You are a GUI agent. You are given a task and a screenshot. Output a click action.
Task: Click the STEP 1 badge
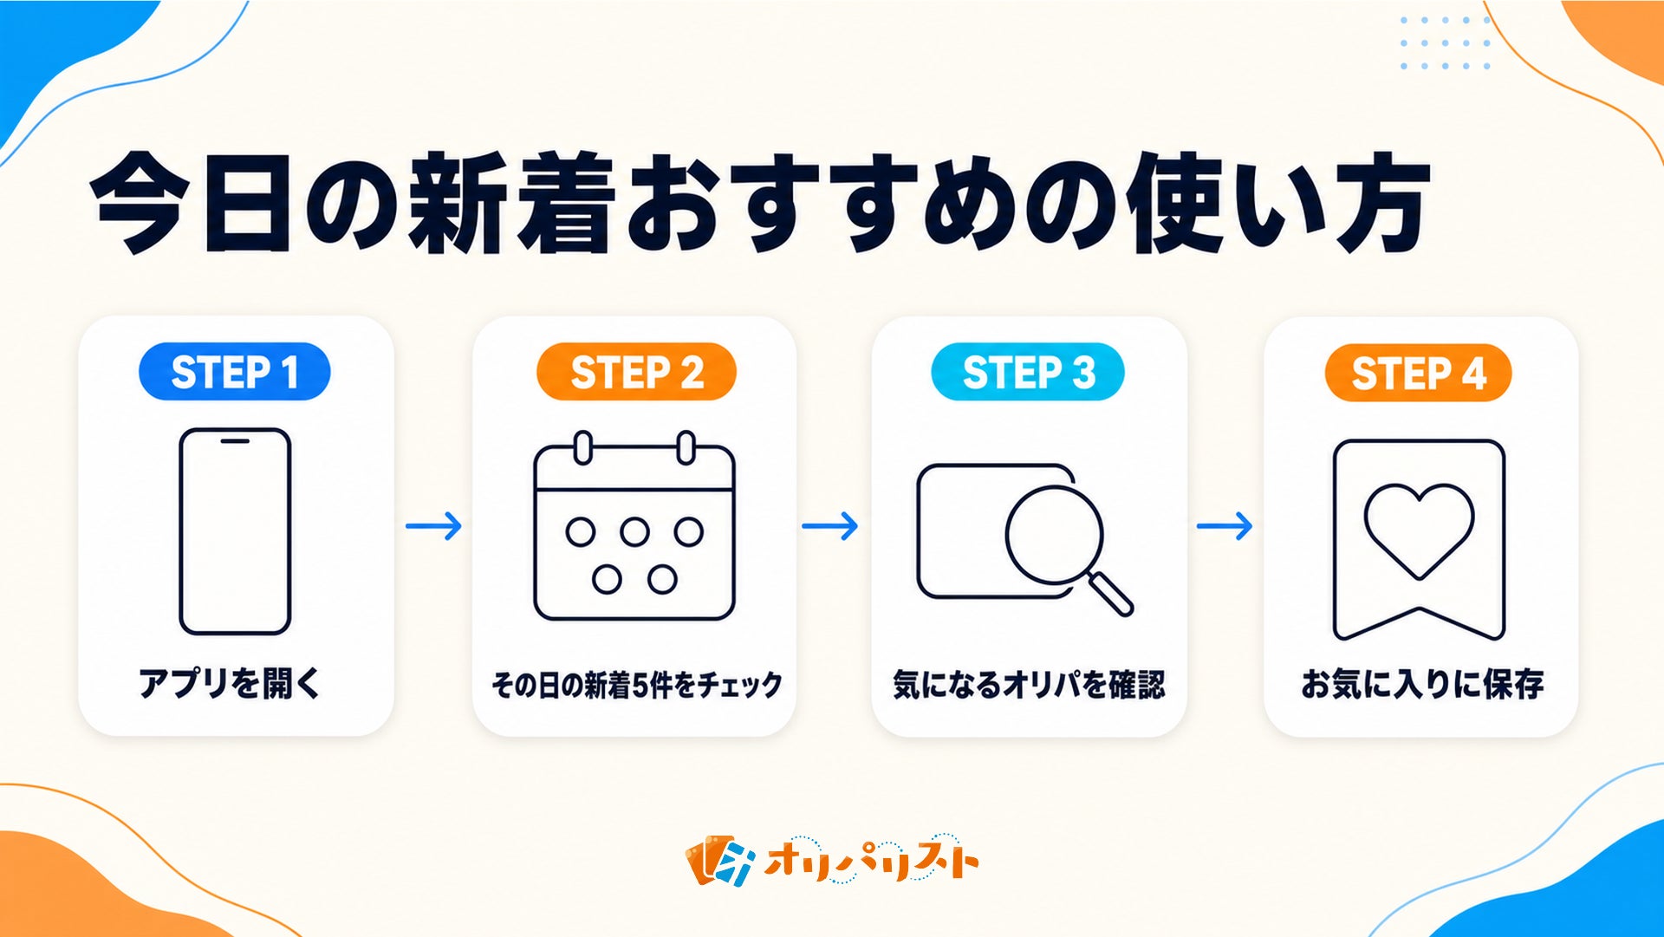pyautogui.click(x=234, y=372)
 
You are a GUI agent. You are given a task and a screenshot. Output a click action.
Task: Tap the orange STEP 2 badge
pyautogui.click(x=636, y=372)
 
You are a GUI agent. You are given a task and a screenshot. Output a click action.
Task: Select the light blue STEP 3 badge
pyautogui.click(x=1028, y=372)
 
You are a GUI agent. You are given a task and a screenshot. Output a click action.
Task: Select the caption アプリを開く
pyautogui.click(x=230, y=683)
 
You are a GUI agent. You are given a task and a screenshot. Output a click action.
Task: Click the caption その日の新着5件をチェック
pyautogui.click(x=636, y=685)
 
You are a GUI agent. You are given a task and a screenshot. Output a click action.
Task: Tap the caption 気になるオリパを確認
pyautogui.click(x=1029, y=685)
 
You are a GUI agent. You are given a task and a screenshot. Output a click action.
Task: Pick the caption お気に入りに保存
pyautogui.click(x=1422, y=684)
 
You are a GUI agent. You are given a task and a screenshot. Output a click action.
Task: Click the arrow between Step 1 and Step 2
pyautogui.click(x=434, y=525)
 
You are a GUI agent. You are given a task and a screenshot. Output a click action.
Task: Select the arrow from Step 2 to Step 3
pyautogui.click(x=829, y=525)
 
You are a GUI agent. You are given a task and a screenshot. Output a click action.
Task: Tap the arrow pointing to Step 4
pyautogui.click(x=1225, y=525)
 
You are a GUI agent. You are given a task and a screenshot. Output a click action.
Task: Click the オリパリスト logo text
pyautogui.click(x=870, y=860)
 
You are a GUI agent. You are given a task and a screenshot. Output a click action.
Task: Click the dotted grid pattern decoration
pyautogui.click(x=1445, y=42)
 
